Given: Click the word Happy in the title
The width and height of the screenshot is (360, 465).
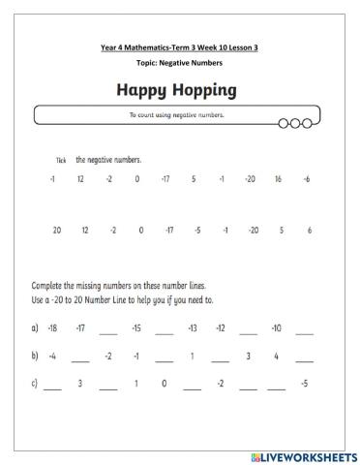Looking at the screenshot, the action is [141, 91].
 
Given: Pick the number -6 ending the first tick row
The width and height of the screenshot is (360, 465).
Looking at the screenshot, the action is [307, 179].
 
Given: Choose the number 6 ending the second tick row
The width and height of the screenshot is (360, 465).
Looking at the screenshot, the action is [309, 230].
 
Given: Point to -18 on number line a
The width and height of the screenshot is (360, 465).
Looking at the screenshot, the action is [52, 327].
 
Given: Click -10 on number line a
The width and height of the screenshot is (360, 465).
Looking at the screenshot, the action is [277, 327].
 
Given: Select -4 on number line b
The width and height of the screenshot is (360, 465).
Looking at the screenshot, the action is [52, 356].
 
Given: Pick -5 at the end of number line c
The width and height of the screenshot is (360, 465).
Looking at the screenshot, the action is [305, 384].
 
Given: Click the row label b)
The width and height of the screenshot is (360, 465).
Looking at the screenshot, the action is [35, 356].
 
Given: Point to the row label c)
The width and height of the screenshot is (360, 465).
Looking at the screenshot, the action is [35, 384].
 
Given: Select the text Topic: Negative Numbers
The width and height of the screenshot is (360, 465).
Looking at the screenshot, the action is [179, 63].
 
